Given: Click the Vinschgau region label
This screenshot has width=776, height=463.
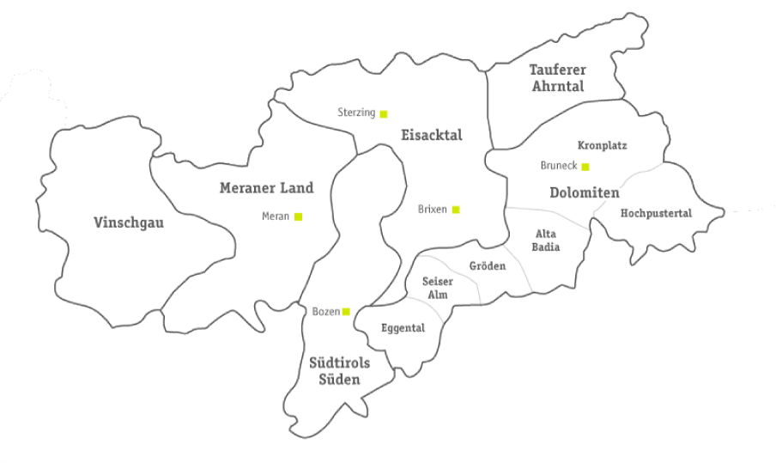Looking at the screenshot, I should (x=128, y=223).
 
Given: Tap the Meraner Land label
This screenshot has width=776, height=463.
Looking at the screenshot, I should (x=266, y=188).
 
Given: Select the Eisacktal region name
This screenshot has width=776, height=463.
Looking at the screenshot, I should (x=431, y=135).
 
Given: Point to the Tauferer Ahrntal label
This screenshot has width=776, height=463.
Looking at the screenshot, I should (x=556, y=77).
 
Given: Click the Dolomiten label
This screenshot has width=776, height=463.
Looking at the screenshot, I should (x=584, y=193).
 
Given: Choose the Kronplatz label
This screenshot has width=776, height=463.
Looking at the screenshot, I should (x=602, y=146).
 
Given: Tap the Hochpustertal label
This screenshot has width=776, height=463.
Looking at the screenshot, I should (x=656, y=212).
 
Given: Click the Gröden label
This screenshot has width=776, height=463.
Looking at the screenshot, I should (x=487, y=266).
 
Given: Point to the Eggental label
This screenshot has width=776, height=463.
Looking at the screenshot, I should (x=403, y=327).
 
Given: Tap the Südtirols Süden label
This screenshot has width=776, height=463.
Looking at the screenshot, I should (x=339, y=371).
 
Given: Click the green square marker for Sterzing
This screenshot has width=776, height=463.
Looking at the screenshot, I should (x=384, y=113).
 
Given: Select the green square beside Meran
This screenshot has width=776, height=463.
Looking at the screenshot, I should (x=298, y=216).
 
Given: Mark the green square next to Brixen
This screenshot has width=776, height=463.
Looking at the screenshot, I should (x=456, y=209).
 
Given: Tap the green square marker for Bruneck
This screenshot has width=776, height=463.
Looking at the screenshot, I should (x=585, y=166).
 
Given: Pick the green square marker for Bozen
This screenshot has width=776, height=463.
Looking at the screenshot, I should (x=346, y=311).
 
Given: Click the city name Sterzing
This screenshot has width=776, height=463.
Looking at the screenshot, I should (x=356, y=113).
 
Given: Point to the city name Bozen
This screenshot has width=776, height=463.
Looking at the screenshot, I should (x=326, y=311).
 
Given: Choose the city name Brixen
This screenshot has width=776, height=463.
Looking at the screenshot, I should (x=433, y=209).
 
